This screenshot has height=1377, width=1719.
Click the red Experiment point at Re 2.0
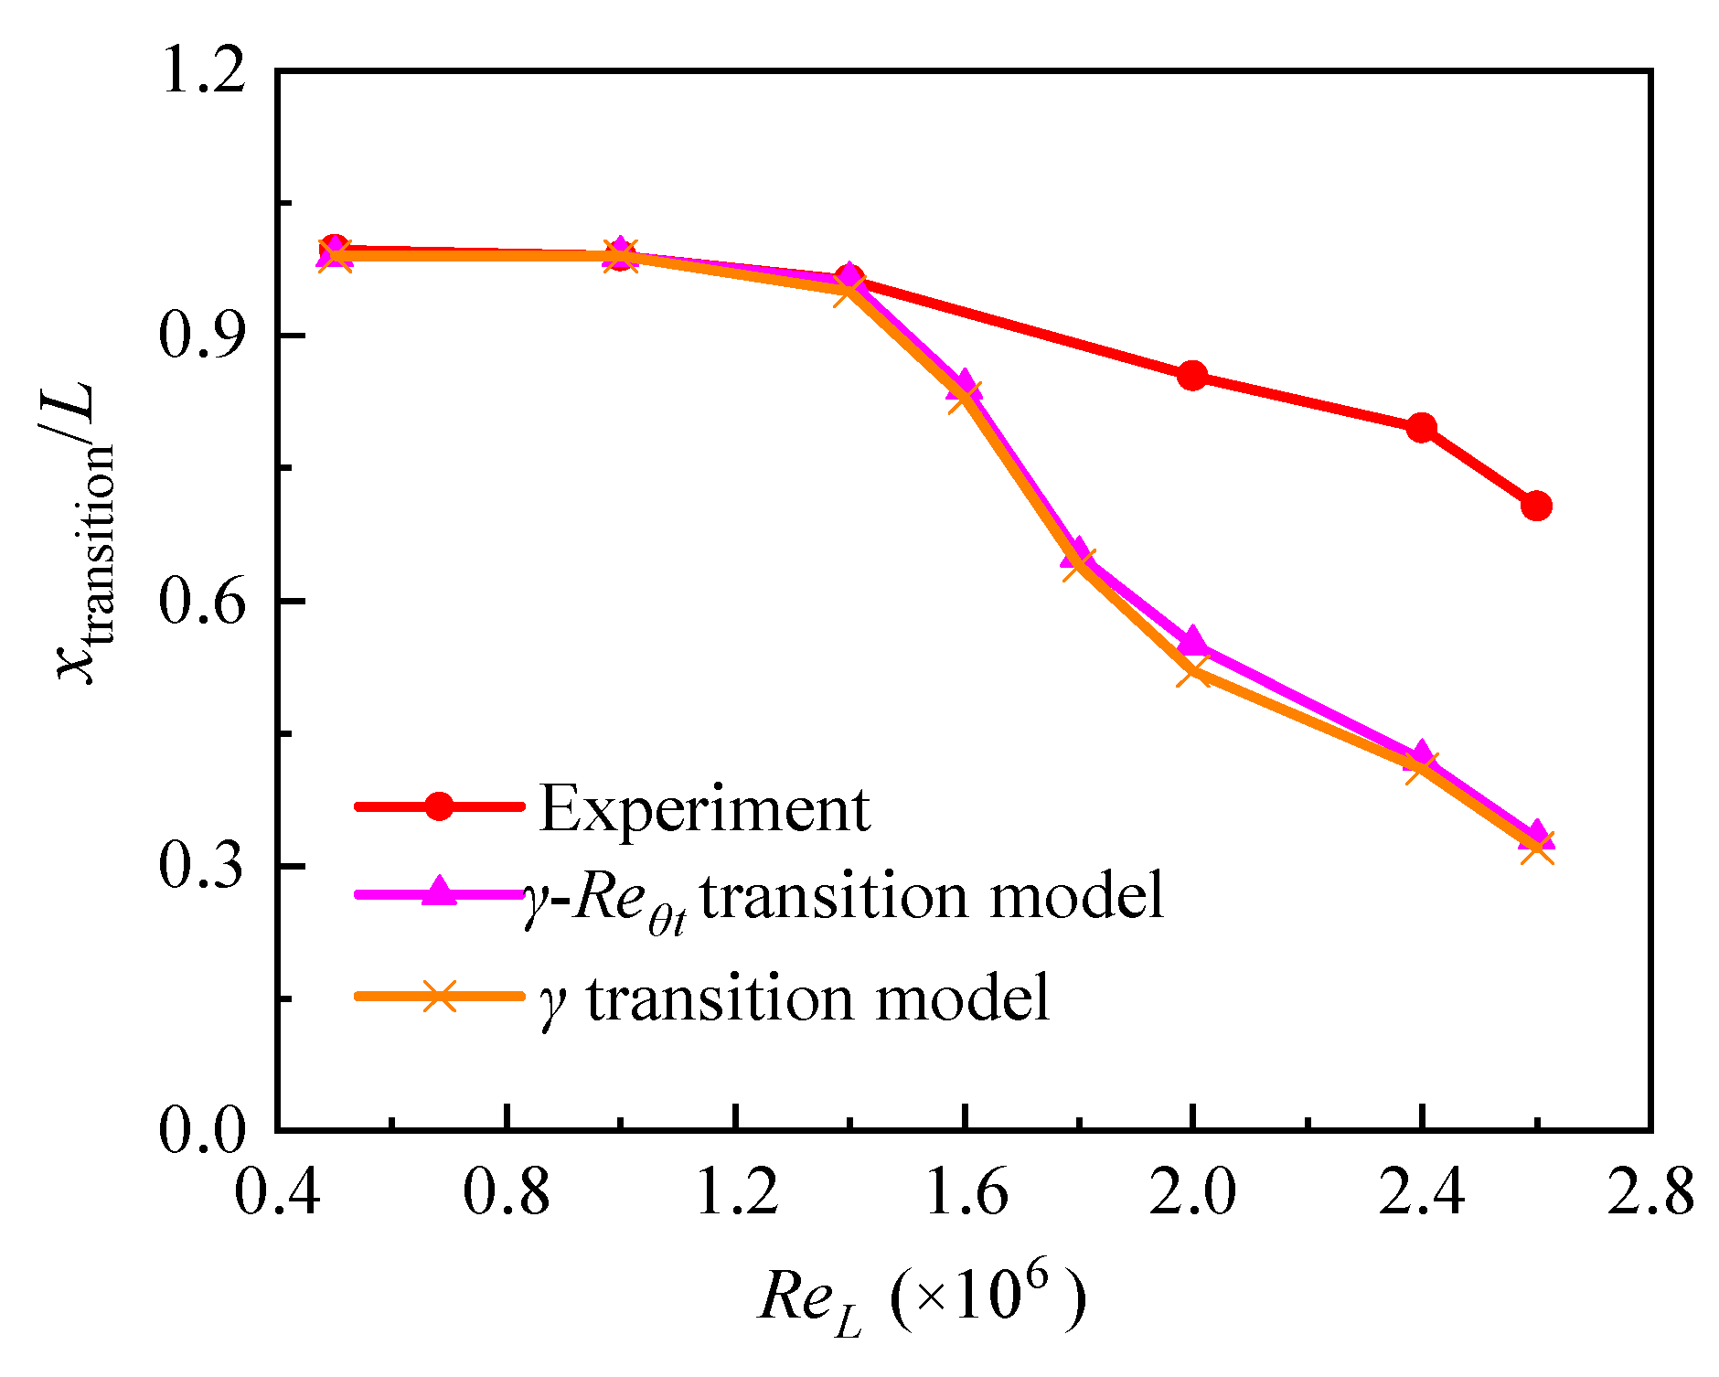1192,375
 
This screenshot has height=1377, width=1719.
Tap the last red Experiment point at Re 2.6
1536,506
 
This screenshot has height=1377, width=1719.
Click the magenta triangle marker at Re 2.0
1192,641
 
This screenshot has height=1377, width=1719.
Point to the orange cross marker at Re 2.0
1192,673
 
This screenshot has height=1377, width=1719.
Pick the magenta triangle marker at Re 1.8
1078,552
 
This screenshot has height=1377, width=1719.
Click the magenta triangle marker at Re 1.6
964,384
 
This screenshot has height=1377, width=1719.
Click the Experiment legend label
704,808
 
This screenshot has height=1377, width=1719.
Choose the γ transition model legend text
794,998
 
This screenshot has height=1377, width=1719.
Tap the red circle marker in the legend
440,806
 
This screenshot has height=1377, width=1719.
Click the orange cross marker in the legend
440,995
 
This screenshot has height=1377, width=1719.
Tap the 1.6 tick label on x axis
966,1194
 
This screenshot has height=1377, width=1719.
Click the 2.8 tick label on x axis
1650,1194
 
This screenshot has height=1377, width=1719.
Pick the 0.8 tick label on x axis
507,1194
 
